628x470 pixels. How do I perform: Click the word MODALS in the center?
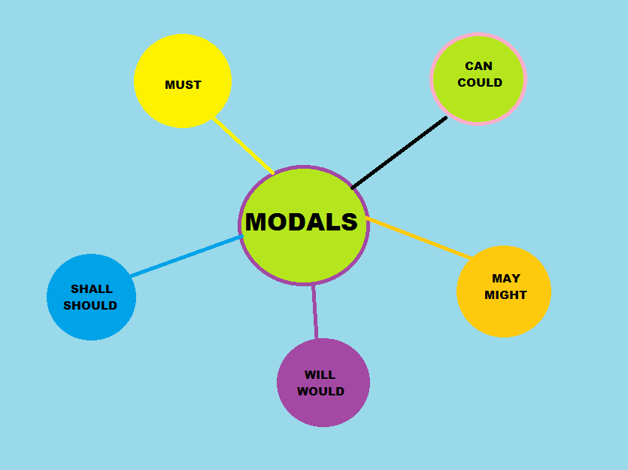click(x=302, y=222)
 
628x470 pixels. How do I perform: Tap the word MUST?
click(x=183, y=85)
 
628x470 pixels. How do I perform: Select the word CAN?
click(x=478, y=66)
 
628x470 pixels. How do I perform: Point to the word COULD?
click(x=479, y=83)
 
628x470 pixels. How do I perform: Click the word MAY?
click(x=506, y=279)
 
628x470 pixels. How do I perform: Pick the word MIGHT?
click(x=505, y=295)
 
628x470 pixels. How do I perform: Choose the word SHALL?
click(x=91, y=288)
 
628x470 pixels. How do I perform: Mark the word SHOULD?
click(x=90, y=306)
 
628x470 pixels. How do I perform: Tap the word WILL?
click(x=320, y=375)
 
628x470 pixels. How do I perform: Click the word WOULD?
click(x=320, y=392)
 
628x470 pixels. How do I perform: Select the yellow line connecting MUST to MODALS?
click(x=242, y=145)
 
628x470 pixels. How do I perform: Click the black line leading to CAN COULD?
click(x=399, y=153)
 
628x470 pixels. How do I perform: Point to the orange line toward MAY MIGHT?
click(x=418, y=237)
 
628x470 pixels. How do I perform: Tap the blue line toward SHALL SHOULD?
click(x=186, y=256)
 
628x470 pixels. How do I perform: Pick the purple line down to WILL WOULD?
click(x=314, y=311)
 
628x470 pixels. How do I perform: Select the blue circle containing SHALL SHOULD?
click(x=91, y=324)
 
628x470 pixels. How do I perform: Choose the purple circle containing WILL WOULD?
click(x=323, y=410)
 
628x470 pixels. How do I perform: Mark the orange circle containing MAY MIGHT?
click(x=504, y=316)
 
